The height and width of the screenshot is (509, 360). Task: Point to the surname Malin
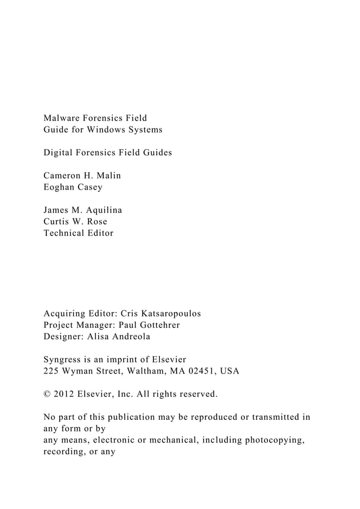[107, 175]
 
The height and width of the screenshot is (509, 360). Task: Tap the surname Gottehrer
[157, 324]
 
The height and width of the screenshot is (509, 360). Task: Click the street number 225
[51, 371]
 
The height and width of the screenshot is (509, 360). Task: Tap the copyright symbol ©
[47, 393]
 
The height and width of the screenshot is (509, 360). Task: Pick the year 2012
[64, 393]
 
